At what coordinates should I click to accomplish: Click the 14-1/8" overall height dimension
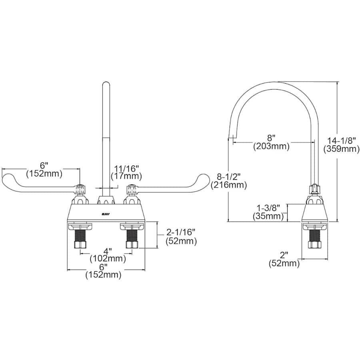tap(342, 140)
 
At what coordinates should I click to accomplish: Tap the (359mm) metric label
tap(342, 149)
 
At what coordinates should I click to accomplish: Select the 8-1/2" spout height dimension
tap(229, 176)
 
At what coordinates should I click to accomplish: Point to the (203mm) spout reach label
tap(271, 146)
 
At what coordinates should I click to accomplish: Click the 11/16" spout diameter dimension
tap(126, 168)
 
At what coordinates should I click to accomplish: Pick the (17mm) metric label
tap(126, 176)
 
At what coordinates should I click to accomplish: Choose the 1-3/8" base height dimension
tap(268, 208)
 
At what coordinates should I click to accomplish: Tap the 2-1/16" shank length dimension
tap(181, 232)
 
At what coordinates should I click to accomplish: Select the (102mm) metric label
tap(108, 259)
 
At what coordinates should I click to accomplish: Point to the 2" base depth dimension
tap(284, 255)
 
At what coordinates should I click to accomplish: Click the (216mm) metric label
tap(229, 185)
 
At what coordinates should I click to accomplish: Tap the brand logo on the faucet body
tap(106, 214)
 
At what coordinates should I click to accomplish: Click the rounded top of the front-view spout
tap(106, 84)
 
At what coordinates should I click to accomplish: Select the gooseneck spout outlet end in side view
tap(231, 137)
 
